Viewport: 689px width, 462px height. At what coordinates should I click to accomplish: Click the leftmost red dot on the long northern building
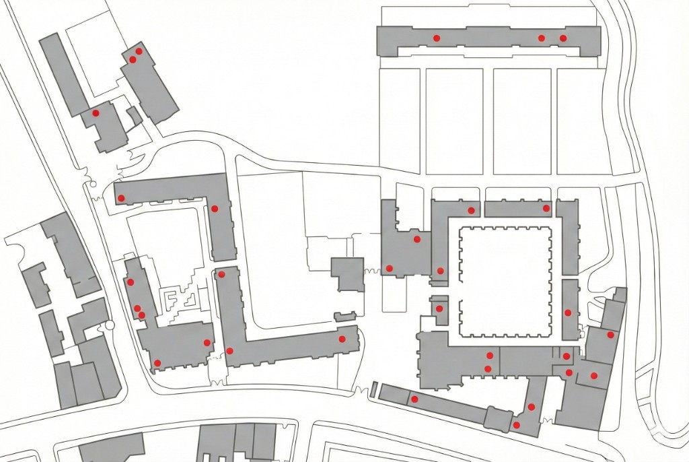[x=436, y=38]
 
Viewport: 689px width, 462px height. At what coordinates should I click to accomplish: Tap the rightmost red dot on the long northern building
[x=563, y=38]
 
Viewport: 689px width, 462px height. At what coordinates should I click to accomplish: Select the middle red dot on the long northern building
[x=542, y=38]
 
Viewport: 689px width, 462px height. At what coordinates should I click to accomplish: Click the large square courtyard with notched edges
[x=506, y=282]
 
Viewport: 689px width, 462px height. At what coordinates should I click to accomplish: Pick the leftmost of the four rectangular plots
[x=402, y=121]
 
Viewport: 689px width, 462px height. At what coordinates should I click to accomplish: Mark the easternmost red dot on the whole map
[x=610, y=335]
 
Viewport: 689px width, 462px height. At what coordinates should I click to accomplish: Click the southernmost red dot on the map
[x=516, y=425]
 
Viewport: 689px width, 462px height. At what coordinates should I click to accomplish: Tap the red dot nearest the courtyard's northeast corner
[x=546, y=209]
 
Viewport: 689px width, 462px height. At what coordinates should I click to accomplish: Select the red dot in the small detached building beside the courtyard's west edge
[x=439, y=308]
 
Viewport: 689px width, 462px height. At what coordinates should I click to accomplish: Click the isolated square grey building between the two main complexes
[x=347, y=274]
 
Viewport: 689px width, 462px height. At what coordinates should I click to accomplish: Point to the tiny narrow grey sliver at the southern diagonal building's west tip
[x=374, y=389]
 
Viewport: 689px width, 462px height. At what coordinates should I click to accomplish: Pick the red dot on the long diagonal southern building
[x=414, y=399]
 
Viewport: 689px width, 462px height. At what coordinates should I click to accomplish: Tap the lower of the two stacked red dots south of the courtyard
[x=488, y=368]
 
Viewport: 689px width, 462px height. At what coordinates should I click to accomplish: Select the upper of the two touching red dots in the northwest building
[x=139, y=51]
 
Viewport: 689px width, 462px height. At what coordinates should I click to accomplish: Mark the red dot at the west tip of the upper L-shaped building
[x=121, y=198]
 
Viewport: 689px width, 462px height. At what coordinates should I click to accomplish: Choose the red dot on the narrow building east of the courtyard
[x=569, y=312]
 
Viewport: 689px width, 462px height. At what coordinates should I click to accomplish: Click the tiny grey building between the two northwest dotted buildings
[x=135, y=116]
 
